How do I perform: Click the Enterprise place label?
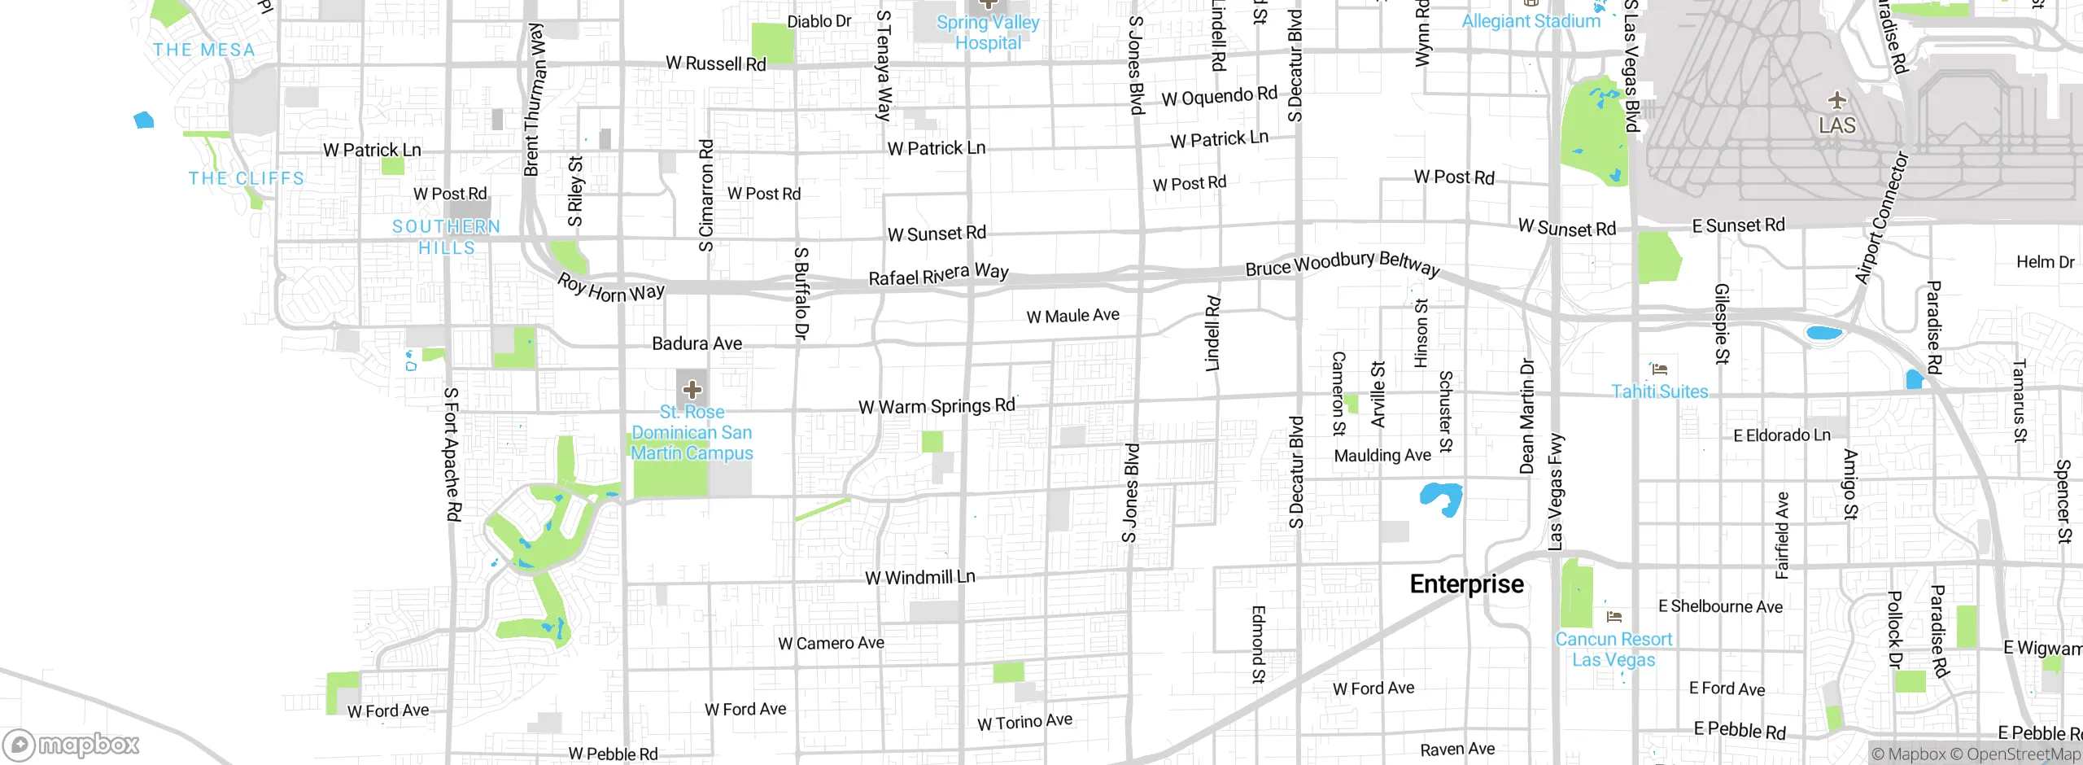point(1466,584)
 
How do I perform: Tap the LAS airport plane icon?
point(1836,101)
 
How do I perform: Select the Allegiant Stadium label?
point(1531,21)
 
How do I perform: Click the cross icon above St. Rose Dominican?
point(692,390)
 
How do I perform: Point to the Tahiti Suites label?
point(1660,391)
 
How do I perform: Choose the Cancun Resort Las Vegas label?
point(1614,649)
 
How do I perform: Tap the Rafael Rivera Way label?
point(938,274)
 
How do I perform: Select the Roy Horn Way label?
point(610,288)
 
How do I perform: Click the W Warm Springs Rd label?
point(937,405)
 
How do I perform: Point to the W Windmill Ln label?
point(919,577)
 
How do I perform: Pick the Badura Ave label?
point(697,343)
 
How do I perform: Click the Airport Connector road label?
point(1880,218)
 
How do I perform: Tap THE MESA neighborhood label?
point(204,50)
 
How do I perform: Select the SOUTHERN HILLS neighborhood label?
point(446,237)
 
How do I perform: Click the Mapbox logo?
point(72,745)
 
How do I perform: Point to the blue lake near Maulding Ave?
point(1441,498)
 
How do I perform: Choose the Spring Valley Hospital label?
point(988,33)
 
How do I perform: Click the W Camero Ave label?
point(831,643)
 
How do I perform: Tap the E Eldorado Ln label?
point(1781,435)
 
